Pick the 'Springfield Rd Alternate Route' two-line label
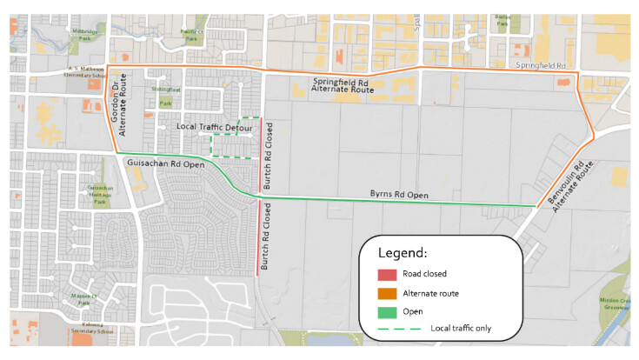(x=343, y=84)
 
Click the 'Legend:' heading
(x=402, y=253)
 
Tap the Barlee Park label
(x=502, y=21)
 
